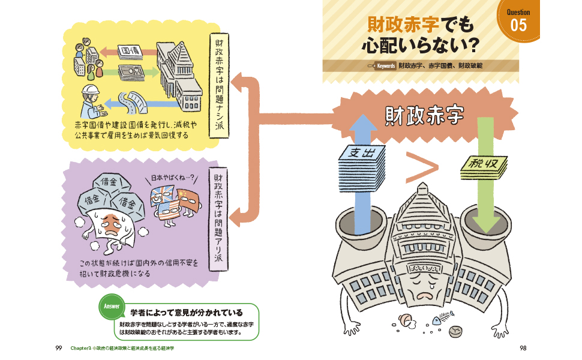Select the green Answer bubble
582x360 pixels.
[x=112, y=306]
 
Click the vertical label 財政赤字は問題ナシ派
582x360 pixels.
[x=219, y=84]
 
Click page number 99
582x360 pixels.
[x=58, y=348]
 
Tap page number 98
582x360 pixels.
[x=523, y=348]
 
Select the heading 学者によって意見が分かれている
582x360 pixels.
[x=186, y=312]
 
